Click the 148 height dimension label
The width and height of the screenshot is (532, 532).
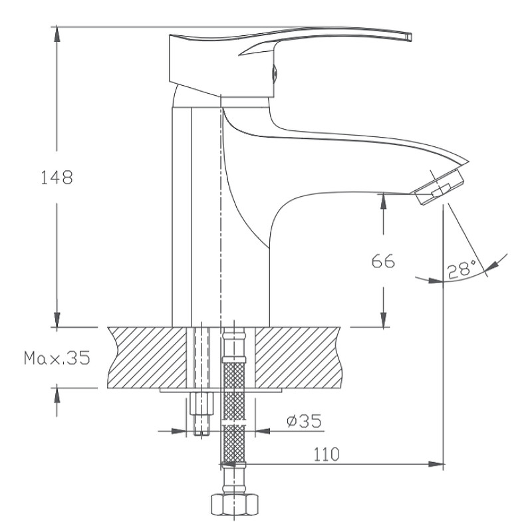point(57,178)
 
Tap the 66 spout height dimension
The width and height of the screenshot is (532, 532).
point(383,261)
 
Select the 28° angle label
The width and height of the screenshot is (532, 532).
point(462,270)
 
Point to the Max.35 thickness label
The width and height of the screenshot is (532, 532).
point(57,358)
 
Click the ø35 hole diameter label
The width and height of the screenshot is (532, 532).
point(304,421)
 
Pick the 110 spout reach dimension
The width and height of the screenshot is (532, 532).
point(326,454)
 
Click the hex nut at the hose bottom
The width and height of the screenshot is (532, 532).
point(235,505)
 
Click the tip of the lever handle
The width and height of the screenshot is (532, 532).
point(410,37)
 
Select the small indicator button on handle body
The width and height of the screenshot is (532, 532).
point(275,73)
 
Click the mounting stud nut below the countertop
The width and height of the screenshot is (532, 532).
point(201,404)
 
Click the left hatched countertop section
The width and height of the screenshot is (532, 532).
point(147,358)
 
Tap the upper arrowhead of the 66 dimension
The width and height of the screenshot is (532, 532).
point(384,201)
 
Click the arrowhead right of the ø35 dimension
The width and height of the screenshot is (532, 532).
point(263,431)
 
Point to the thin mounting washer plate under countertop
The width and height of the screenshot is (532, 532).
point(221,390)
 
